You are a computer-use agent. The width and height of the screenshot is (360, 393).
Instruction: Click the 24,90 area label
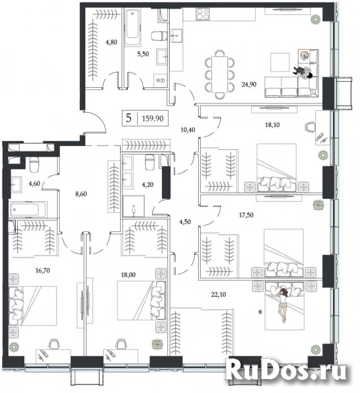point(249,84)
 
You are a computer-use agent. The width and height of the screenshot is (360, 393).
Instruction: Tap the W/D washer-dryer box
point(161,81)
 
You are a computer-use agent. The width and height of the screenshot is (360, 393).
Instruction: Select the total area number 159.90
point(153,119)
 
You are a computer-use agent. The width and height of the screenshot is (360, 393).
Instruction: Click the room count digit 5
point(129,118)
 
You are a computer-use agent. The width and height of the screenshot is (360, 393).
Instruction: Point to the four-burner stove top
point(203,14)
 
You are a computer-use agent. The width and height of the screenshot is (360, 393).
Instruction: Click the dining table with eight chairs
point(220,75)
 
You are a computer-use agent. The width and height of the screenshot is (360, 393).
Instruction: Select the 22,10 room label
point(218,295)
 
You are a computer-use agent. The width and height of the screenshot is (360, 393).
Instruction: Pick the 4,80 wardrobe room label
point(111,42)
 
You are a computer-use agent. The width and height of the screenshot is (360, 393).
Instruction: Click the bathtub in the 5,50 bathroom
point(132,27)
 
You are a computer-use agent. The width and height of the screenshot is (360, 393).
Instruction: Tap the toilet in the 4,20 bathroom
point(150,162)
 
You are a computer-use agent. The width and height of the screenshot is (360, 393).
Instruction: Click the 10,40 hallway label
point(188,130)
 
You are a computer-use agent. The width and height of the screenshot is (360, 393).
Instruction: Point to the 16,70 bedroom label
point(43,271)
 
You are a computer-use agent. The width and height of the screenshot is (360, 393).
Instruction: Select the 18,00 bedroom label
point(129,274)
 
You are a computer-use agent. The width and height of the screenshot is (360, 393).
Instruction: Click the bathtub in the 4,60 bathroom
point(28,210)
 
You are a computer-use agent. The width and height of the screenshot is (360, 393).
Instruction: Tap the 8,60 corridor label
point(81,194)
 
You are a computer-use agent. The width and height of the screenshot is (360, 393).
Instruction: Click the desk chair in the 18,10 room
point(310,127)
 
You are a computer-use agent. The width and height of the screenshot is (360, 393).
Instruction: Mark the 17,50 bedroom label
point(246,215)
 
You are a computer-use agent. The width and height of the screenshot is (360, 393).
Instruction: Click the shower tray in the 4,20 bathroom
point(134,206)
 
